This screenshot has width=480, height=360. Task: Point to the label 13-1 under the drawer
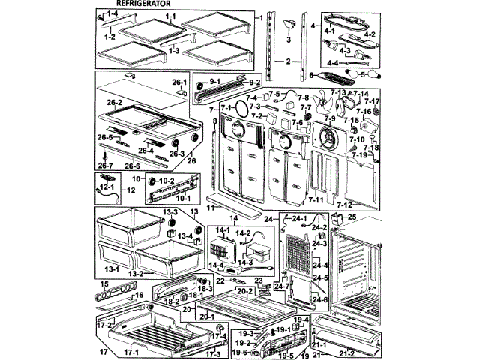(x=113, y=267)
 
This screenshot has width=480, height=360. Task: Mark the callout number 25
(x=353, y=217)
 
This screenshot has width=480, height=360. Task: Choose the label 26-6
(x=132, y=166)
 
